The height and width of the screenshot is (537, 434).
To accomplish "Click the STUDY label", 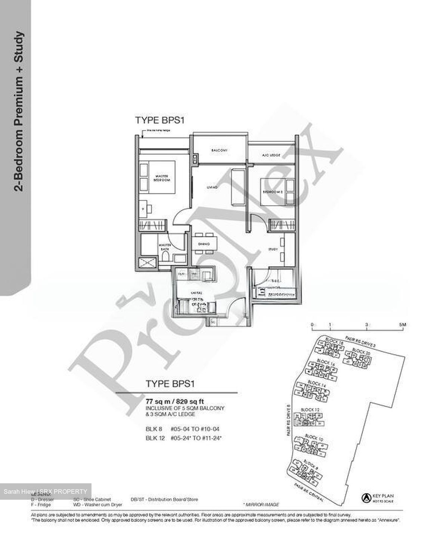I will tap(272, 249).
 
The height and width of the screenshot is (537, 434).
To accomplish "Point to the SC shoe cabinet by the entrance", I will tap(213, 321).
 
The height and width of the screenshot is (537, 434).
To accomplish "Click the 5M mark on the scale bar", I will tap(402, 325).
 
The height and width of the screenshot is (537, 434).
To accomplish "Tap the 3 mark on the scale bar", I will tap(368, 325).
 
